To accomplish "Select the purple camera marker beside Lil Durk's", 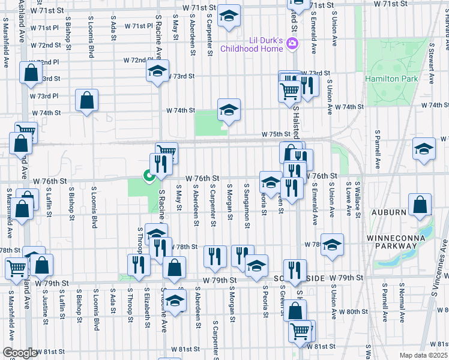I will coord(292,43).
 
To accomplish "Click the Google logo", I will coord(20,353).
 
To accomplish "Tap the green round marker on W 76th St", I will coord(147,176).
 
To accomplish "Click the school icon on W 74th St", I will coord(229,110).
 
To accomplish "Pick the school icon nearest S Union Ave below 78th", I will coord(332,245).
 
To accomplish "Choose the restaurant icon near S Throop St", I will coord(139,265).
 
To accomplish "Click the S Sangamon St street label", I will coord(247,206).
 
